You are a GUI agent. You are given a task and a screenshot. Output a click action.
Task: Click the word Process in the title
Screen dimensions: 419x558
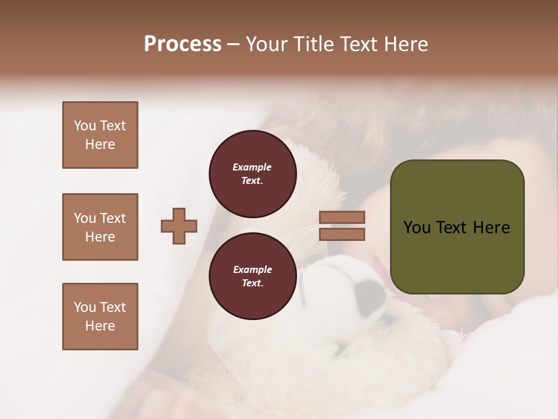pyautogui.click(x=183, y=44)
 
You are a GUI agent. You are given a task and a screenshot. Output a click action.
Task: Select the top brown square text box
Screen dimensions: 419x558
pyautogui.click(x=100, y=135)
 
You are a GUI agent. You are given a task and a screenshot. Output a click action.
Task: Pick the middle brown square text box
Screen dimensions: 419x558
pyautogui.click(x=100, y=227)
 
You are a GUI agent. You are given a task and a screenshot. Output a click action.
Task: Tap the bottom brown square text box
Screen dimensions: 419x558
pyautogui.click(x=100, y=317)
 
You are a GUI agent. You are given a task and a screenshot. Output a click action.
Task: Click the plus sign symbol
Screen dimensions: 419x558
pyautogui.click(x=179, y=226)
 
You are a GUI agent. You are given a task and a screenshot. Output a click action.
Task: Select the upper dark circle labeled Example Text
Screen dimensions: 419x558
pyautogui.click(x=252, y=174)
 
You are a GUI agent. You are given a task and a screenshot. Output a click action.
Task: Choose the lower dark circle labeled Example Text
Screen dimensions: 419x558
pyautogui.click(x=252, y=276)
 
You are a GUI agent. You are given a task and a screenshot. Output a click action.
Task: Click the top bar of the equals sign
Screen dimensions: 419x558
pyautogui.click(x=342, y=217)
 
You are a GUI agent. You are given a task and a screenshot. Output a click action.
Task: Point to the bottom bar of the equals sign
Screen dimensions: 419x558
pyautogui.click(x=342, y=234)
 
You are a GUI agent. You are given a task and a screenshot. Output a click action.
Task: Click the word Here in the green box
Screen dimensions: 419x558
pyautogui.click(x=491, y=228)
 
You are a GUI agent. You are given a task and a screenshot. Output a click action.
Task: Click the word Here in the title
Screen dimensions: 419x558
pyautogui.click(x=405, y=44)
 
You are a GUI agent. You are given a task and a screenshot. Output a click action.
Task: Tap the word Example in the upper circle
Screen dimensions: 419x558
pyautogui.click(x=252, y=167)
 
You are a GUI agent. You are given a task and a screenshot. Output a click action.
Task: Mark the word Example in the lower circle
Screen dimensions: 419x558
pyautogui.click(x=252, y=269)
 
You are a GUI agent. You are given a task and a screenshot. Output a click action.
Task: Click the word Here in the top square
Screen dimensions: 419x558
pyautogui.click(x=100, y=144)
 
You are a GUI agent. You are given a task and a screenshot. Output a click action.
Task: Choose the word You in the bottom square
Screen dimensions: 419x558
pyautogui.click(x=85, y=307)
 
